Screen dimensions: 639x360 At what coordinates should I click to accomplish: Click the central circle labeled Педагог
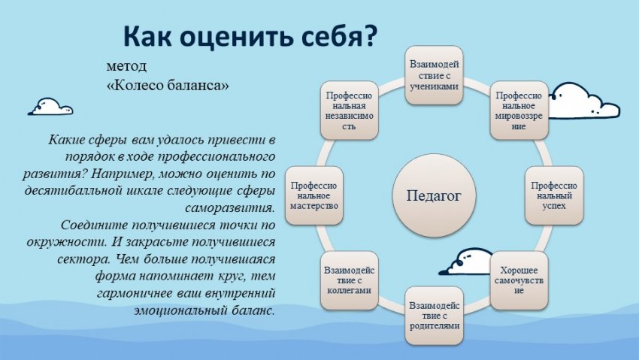pyautogui.click(x=434, y=195)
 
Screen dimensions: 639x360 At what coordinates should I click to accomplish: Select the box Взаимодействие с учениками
pyautogui.click(x=434, y=75)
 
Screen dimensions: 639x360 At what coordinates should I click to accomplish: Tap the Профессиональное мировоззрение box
pyautogui.click(x=519, y=110)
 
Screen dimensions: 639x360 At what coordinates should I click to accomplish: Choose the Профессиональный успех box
pyautogui.click(x=554, y=195)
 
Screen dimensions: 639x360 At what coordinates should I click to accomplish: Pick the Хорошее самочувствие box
pyautogui.click(x=519, y=280)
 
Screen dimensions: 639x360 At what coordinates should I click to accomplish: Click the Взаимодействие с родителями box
pyautogui.click(x=434, y=316)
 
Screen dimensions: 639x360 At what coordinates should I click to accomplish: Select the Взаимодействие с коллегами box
pyautogui.click(x=350, y=280)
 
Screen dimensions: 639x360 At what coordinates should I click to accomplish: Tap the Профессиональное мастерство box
pyautogui.click(x=313, y=195)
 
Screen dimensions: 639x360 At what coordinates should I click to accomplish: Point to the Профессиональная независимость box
pyautogui.click(x=350, y=110)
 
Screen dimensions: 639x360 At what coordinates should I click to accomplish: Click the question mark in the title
pyautogui.click(x=369, y=36)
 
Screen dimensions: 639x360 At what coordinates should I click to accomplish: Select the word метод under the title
pyautogui.click(x=126, y=66)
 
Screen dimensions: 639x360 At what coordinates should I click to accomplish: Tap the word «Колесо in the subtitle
pyautogui.click(x=138, y=85)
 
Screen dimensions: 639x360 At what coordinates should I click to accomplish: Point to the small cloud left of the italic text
pyautogui.click(x=50, y=107)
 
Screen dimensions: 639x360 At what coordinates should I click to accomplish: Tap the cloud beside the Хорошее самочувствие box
pyautogui.click(x=467, y=262)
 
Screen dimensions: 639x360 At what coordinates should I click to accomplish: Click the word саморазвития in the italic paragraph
pyautogui.click(x=230, y=208)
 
